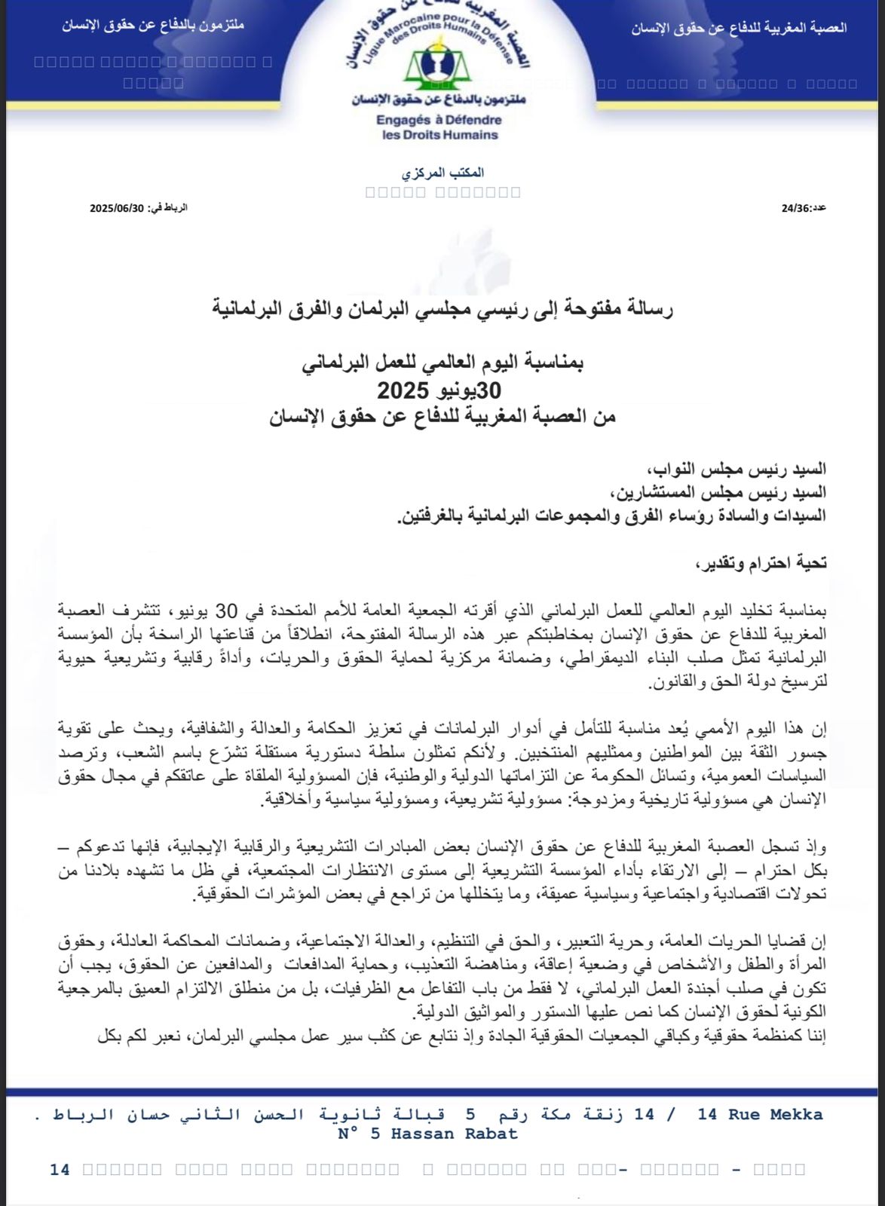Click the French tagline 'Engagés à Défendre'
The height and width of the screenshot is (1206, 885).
439,120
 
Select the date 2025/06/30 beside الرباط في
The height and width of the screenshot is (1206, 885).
116,208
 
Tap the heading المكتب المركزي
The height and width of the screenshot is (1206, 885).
442,173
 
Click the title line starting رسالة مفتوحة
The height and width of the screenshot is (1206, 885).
442,308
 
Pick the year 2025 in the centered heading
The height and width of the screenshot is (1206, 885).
403,390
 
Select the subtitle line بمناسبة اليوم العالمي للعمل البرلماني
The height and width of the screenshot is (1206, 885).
442,363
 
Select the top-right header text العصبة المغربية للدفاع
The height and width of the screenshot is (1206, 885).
739,29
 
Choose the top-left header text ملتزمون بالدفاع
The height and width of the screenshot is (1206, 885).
153,25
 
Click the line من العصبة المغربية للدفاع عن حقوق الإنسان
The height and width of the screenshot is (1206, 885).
442,417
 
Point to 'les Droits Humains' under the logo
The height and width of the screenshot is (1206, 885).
440,135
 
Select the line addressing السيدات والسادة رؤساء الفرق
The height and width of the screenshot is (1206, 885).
611,515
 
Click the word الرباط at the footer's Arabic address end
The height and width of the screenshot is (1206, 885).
78,1114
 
